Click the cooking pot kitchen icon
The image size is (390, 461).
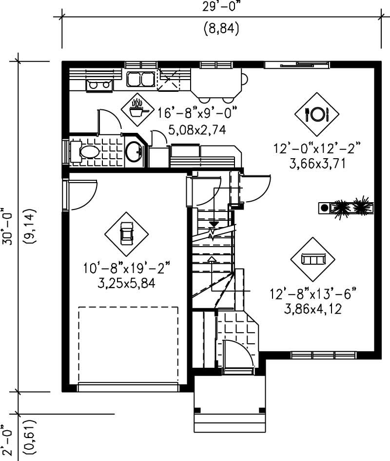pos(138,109)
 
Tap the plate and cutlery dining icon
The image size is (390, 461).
pos(317,114)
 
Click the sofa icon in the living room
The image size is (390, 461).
pos(312,259)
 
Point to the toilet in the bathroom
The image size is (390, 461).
pos(88,151)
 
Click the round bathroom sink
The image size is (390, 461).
pos(133,151)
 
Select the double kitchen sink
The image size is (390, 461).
pos(140,79)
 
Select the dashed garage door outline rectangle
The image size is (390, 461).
pos(128,345)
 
